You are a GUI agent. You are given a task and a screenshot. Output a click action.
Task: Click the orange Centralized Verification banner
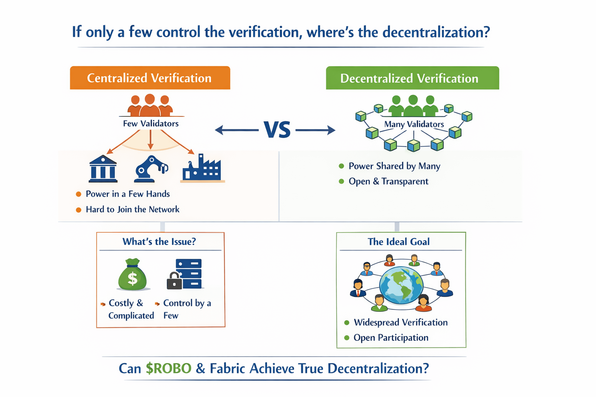[x=150, y=78]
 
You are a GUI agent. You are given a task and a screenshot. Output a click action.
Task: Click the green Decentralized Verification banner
[x=412, y=78]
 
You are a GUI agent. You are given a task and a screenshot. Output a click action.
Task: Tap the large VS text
[x=277, y=130]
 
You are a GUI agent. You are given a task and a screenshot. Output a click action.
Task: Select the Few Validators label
[x=151, y=124]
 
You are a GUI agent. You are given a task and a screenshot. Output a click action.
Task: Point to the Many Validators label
[x=414, y=124]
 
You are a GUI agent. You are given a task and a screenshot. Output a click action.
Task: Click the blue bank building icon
[x=103, y=169]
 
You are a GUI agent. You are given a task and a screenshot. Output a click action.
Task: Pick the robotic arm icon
[x=151, y=169]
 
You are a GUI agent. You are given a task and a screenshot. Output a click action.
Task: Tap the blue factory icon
[x=202, y=168]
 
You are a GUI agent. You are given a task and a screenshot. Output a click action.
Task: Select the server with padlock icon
[x=185, y=274]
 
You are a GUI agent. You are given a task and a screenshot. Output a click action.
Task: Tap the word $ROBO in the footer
[x=168, y=368]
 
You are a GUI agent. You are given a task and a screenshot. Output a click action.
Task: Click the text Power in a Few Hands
[x=128, y=194]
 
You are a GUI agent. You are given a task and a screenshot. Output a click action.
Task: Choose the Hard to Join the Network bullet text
[x=132, y=209]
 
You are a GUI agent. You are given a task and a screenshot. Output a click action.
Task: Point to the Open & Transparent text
[x=388, y=181]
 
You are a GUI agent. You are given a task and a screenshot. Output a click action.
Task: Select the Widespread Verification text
[x=400, y=323]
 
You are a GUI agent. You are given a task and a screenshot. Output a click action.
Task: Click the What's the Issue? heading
[x=159, y=242]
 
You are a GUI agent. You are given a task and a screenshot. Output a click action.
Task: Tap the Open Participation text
[x=391, y=338]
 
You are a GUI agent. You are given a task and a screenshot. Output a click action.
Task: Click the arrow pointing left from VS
[x=237, y=130]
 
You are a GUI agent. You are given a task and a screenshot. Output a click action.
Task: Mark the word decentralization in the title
[x=436, y=32]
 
